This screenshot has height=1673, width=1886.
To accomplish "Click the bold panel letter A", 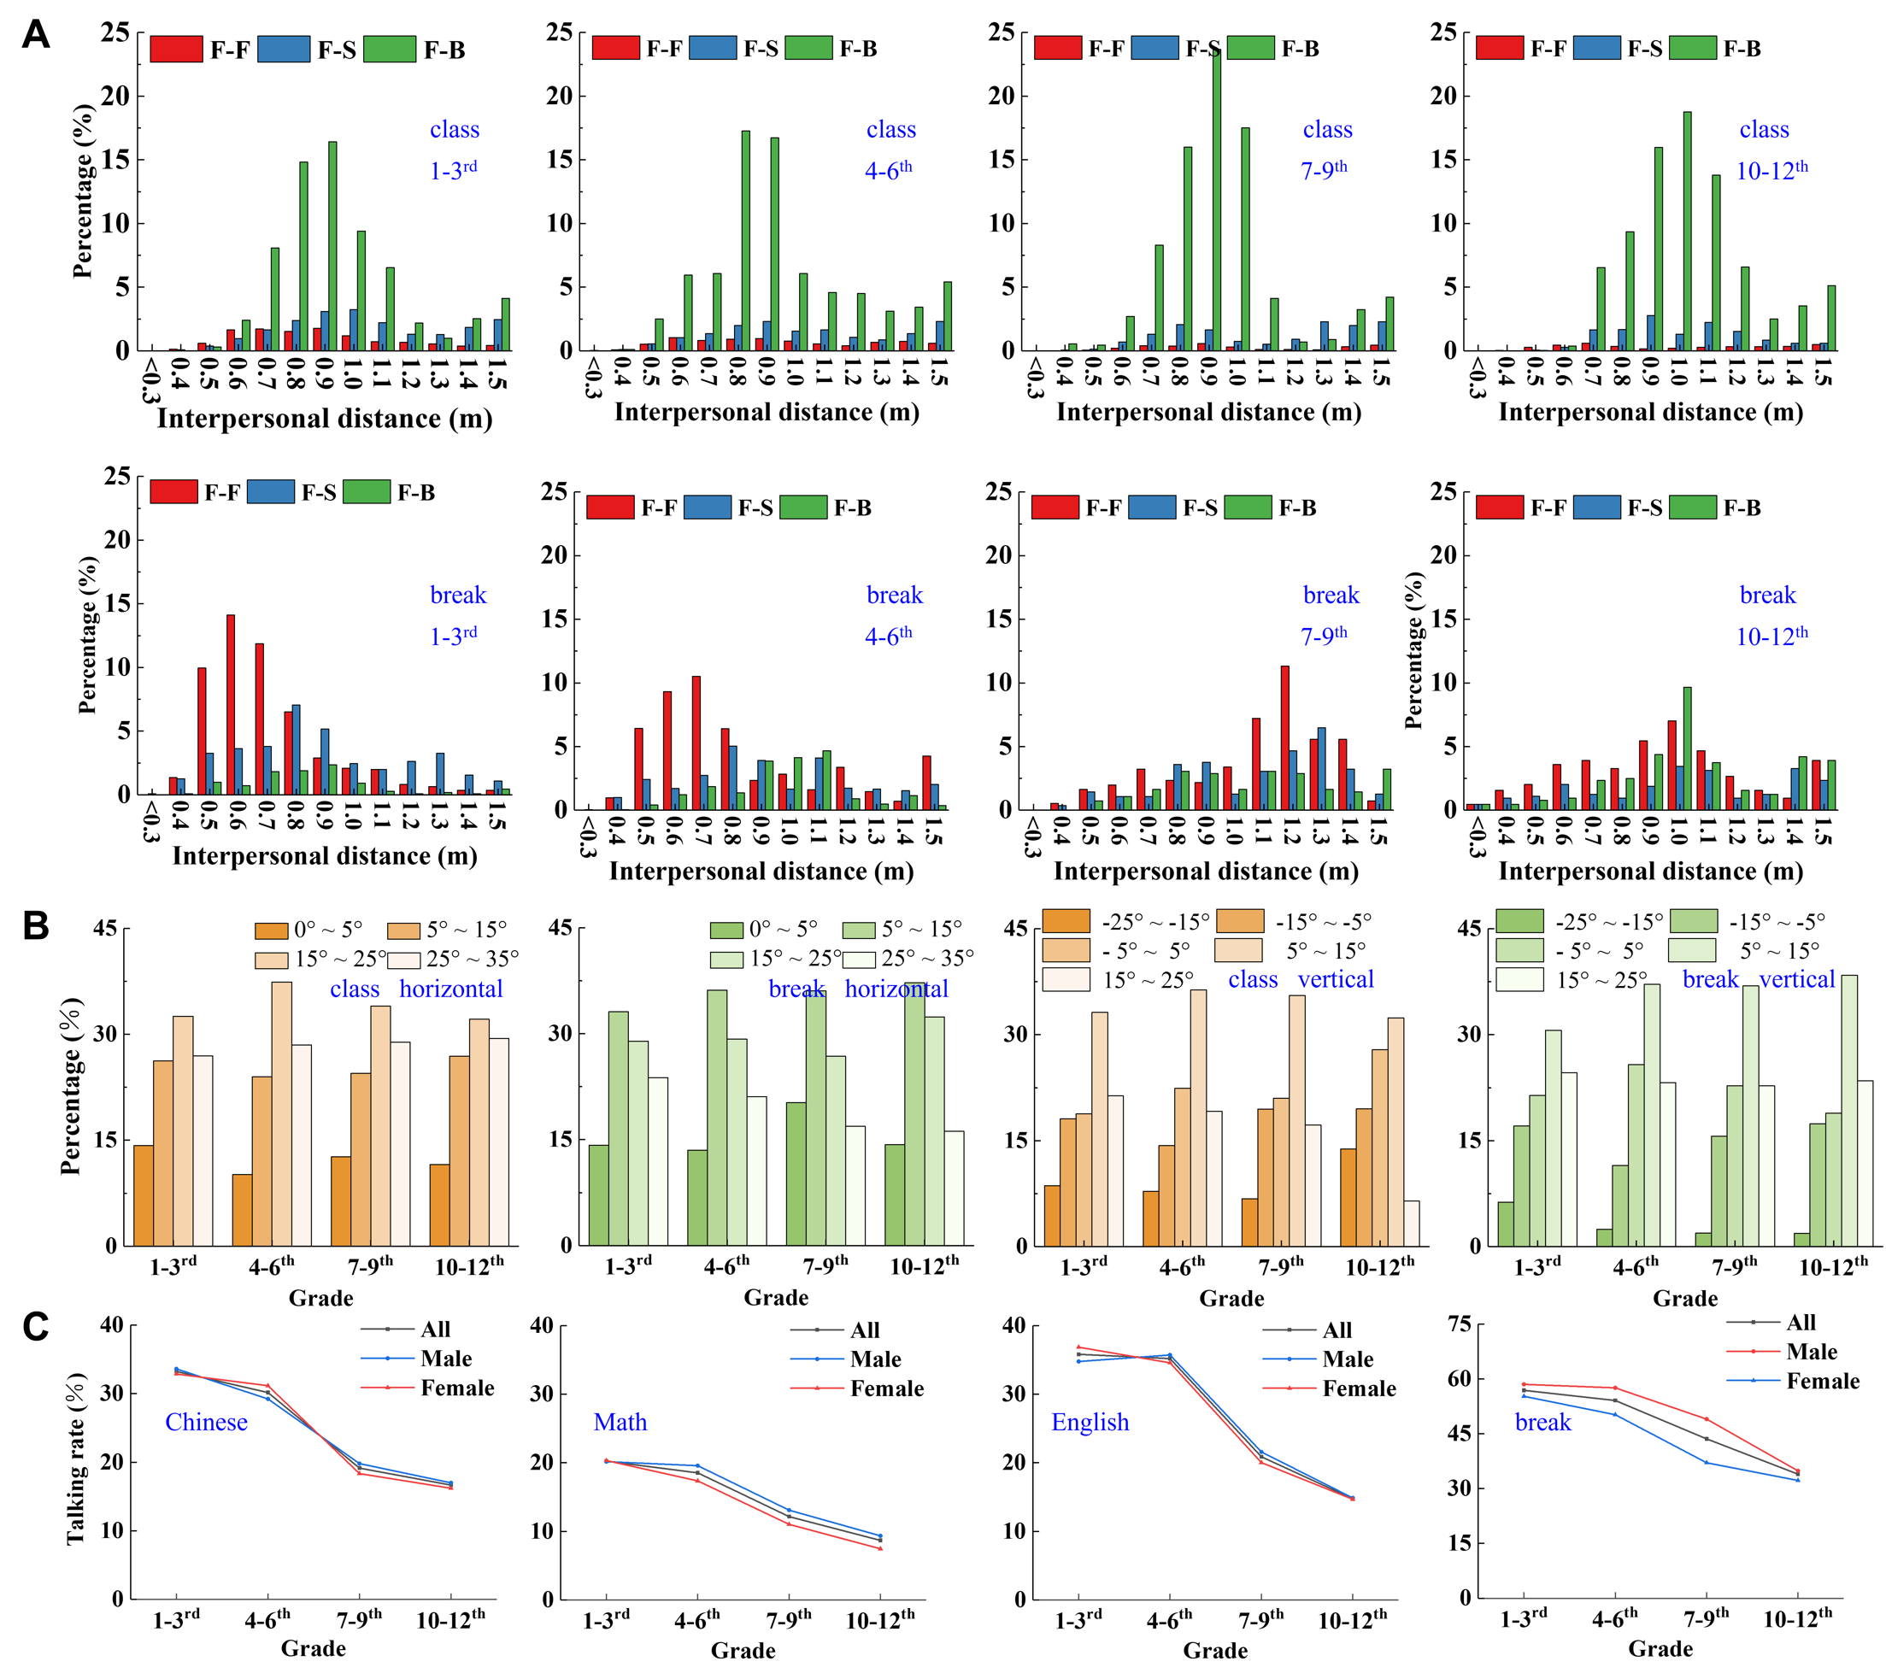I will (35, 34).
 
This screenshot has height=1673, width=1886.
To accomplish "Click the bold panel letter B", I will (35, 925).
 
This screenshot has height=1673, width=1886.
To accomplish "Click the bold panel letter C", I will (35, 1327).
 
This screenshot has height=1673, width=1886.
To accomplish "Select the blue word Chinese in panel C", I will (206, 1422).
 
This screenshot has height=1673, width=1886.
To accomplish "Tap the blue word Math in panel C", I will (620, 1422).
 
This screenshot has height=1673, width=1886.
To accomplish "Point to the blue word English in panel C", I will (1090, 1422).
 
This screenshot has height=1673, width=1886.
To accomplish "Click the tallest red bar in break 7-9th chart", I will (1284, 737).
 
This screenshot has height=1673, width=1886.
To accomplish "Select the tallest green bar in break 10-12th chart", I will (1688, 748).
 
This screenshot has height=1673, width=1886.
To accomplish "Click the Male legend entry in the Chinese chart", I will (446, 1359).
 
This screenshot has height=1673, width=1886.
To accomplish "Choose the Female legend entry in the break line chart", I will (1822, 1381).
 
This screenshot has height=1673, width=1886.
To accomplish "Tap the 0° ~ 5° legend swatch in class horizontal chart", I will (271, 930).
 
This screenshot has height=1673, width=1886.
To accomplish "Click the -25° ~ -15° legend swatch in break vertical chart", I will (1519, 921).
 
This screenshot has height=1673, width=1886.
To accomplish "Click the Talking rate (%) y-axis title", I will (76, 1458).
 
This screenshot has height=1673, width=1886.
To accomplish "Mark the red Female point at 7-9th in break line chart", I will (1706, 1419).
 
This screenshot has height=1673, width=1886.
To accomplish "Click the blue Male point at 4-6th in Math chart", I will (697, 1465).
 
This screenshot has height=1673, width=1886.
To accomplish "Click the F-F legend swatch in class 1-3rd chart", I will (175, 49).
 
